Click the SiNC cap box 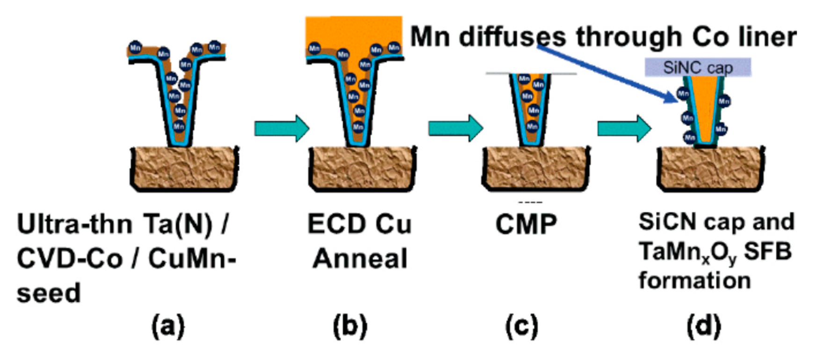click(x=697, y=67)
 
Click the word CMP click(x=526, y=225)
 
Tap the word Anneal click(x=360, y=258)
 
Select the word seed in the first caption click(x=49, y=294)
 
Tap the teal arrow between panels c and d click(x=624, y=128)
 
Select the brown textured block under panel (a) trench click(x=184, y=169)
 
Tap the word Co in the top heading click(x=708, y=37)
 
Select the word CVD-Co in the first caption click(x=70, y=259)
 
